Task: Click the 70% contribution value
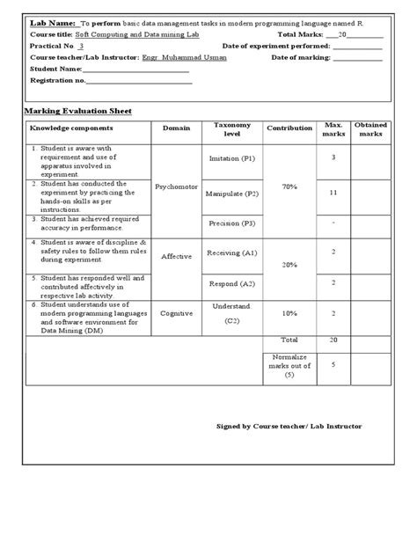pyautogui.click(x=289, y=187)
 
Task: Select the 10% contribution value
pyautogui.click(x=289, y=312)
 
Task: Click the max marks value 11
pyautogui.click(x=333, y=191)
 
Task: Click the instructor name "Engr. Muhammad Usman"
pyautogui.click(x=184, y=57)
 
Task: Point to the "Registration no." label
pyautogui.click(x=58, y=80)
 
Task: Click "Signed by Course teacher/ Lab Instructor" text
pyautogui.click(x=289, y=426)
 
